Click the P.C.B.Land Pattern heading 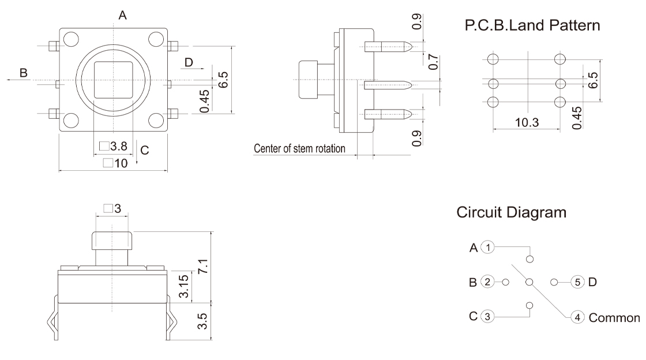532,25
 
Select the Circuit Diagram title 511,213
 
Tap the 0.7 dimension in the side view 434,61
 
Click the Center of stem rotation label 299,149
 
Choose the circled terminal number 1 489,247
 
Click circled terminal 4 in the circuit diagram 578,317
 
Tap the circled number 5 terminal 577,282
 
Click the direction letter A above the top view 122,16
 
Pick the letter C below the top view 145,150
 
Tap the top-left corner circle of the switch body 71,39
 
